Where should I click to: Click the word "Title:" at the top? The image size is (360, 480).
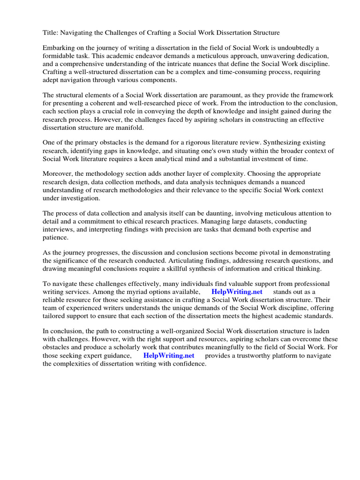point(51,33)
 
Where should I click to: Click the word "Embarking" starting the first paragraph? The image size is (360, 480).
point(59,48)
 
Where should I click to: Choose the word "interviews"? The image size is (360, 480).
point(58,229)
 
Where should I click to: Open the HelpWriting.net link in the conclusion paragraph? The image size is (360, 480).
point(169,355)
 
